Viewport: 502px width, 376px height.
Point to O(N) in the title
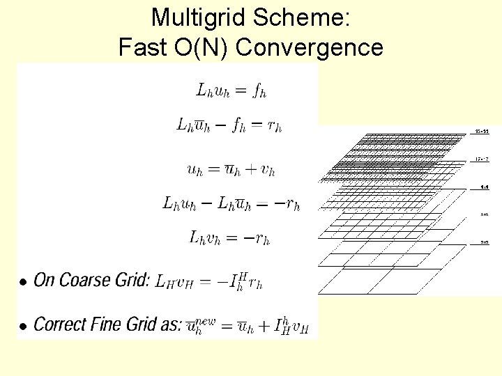198,48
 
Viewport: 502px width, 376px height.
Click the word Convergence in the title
310,48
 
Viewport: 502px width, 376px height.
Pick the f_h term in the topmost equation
259,90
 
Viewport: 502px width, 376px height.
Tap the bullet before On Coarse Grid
23,282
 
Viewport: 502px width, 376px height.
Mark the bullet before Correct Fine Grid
23,326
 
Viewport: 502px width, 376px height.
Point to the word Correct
60,324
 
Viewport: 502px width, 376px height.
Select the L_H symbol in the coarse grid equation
165,281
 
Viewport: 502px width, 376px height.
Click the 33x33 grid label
482,131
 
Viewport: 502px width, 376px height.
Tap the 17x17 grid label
482,159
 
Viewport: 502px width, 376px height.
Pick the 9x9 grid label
484,187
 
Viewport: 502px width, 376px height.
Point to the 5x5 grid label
484,215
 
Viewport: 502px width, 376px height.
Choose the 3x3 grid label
484,242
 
